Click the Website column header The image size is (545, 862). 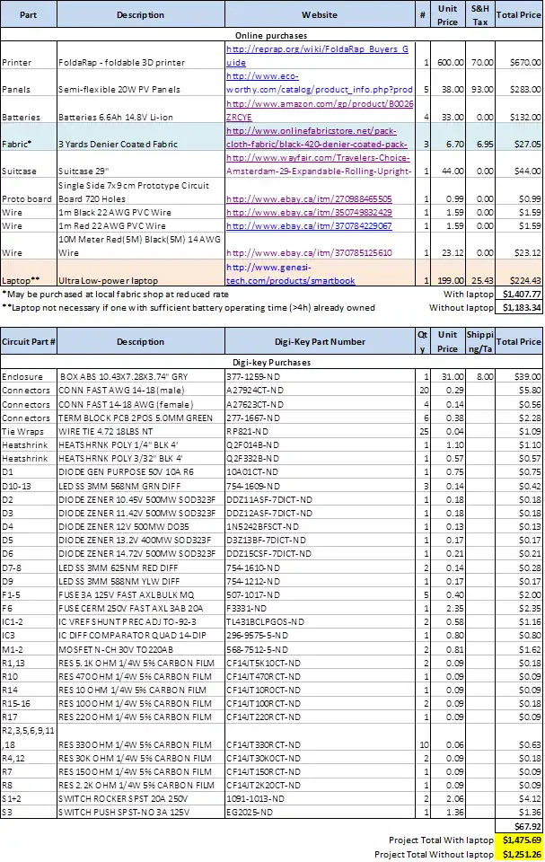coord(319,14)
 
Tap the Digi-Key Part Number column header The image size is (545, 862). coord(319,341)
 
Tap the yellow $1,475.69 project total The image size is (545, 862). coord(521,840)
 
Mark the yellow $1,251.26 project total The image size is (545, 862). coord(521,854)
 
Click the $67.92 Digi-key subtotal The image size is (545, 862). coord(528,825)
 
